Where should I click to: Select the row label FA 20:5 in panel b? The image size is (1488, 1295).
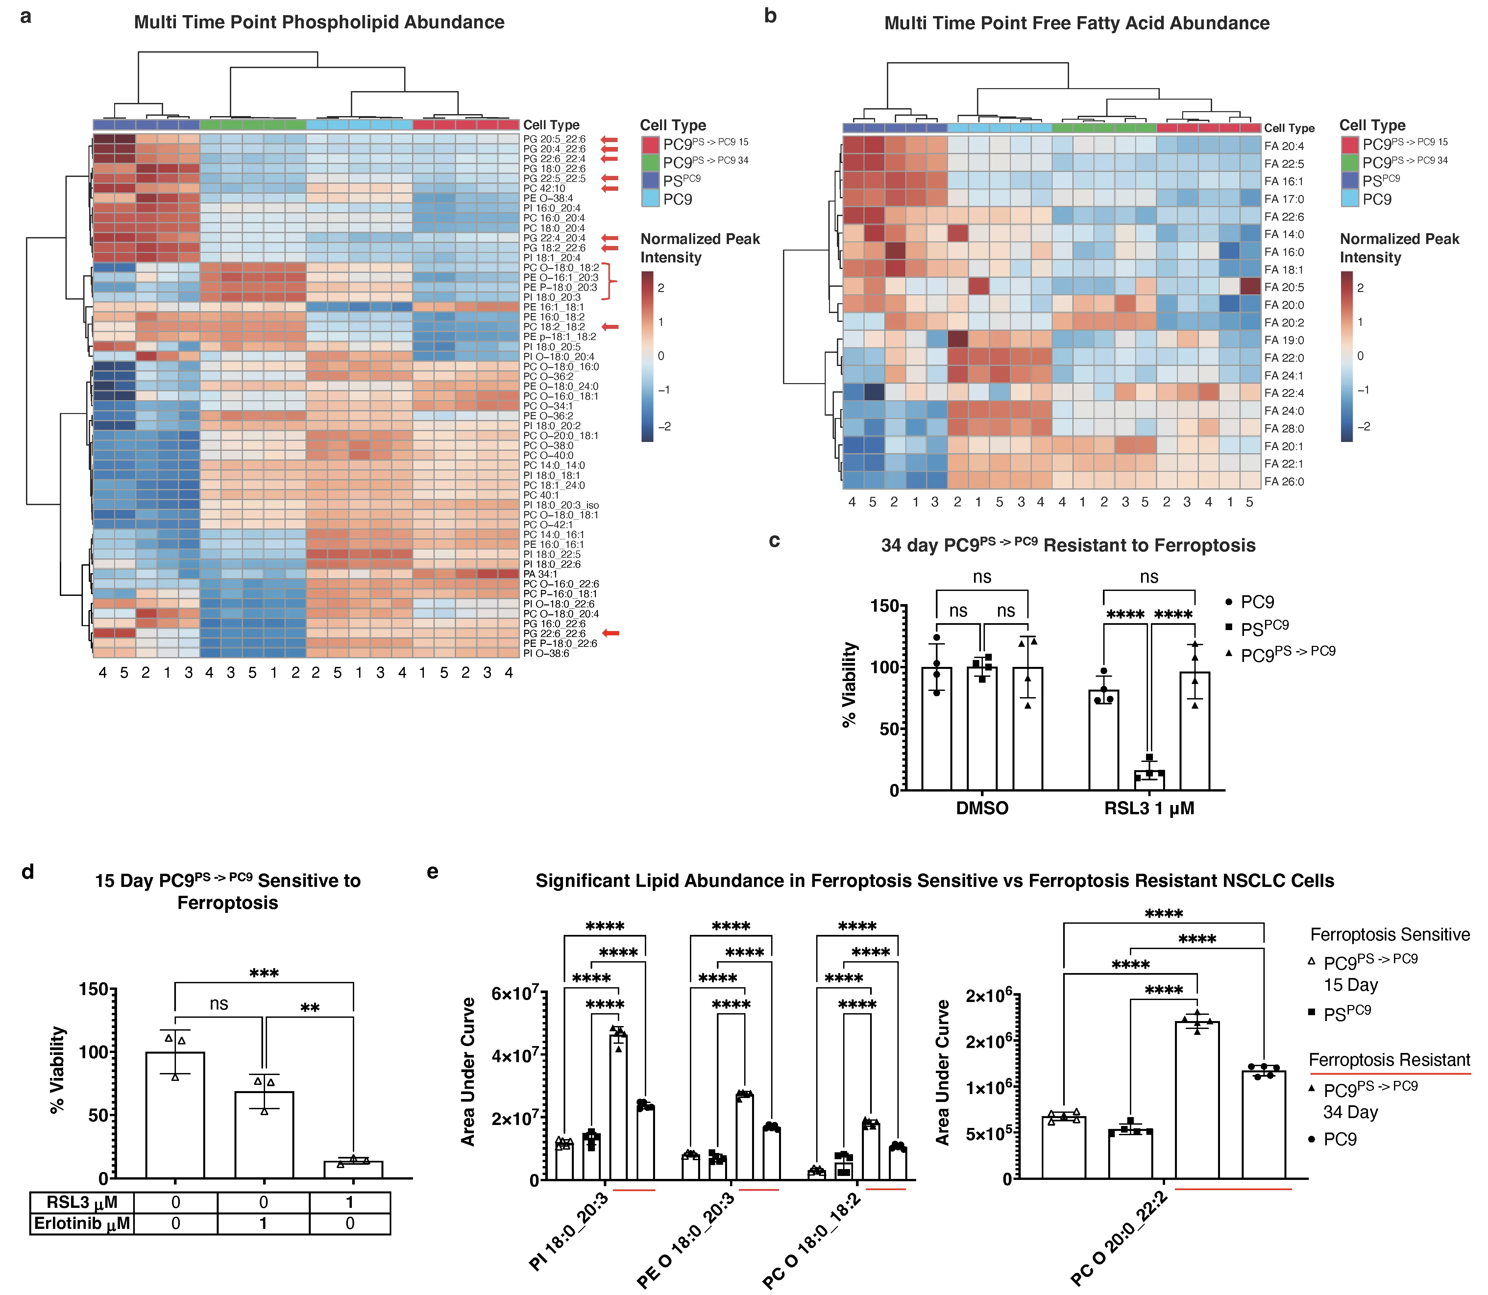1284,287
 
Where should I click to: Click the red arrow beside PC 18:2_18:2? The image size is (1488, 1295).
611,327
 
